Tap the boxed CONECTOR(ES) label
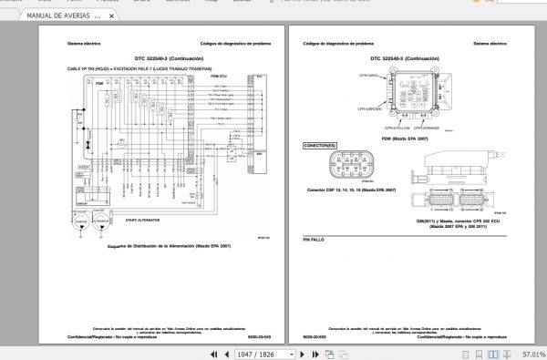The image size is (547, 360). (321, 145)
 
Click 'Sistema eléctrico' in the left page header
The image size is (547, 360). (83, 44)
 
